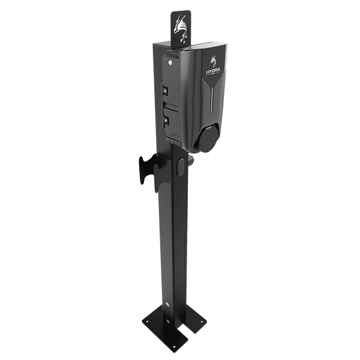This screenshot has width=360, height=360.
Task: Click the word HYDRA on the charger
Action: point(213,71)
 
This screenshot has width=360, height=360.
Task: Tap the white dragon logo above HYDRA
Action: point(213,59)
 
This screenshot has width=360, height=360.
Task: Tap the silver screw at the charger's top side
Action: point(172,60)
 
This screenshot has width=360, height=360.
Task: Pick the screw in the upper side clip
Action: point(163,91)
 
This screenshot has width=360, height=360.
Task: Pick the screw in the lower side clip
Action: point(163,119)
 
